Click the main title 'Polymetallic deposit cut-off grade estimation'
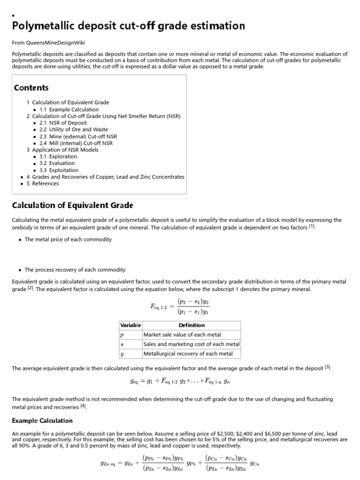coord(128,25)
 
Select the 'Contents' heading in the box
coord(31,88)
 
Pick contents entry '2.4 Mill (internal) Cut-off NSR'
coord(76,143)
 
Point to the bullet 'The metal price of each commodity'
coord(68,239)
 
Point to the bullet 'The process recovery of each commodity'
coord(75,270)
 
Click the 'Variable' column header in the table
coord(130,325)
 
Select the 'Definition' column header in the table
coord(191,325)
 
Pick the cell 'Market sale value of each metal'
coord(183,335)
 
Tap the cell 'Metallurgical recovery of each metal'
coord(187,353)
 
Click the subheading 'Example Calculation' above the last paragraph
coord(42,420)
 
